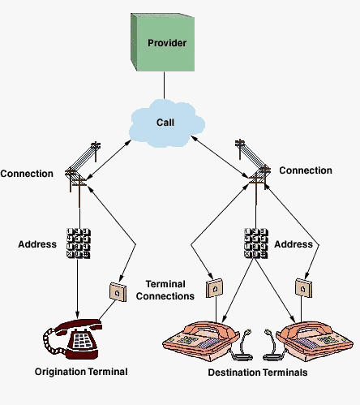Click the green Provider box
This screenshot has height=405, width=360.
[x=163, y=42]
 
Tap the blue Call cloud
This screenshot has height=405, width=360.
[x=166, y=123]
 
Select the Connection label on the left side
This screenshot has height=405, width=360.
[x=27, y=174]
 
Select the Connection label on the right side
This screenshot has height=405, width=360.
[x=306, y=170]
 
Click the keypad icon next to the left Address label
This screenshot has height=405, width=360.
[x=79, y=243]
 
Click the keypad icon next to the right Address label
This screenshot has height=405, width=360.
[x=256, y=243]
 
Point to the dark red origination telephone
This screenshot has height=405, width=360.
[x=72, y=339]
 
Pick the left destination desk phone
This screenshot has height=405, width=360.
[x=201, y=341]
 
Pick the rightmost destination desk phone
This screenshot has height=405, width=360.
[x=315, y=341]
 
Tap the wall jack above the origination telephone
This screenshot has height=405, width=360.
[x=118, y=292]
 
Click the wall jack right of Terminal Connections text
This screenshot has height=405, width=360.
[x=214, y=288]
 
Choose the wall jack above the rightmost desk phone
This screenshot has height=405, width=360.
[x=303, y=288]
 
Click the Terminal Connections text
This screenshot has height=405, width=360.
[x=165, y=290]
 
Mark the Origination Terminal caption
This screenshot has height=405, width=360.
[x=81, y=372]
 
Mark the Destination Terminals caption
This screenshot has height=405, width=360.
[x=258, y=373]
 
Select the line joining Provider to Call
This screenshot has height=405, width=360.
[x=164, y=85]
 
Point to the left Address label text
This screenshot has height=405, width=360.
[x=37, y=244]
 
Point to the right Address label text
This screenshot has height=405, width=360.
[x=294, y=244]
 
